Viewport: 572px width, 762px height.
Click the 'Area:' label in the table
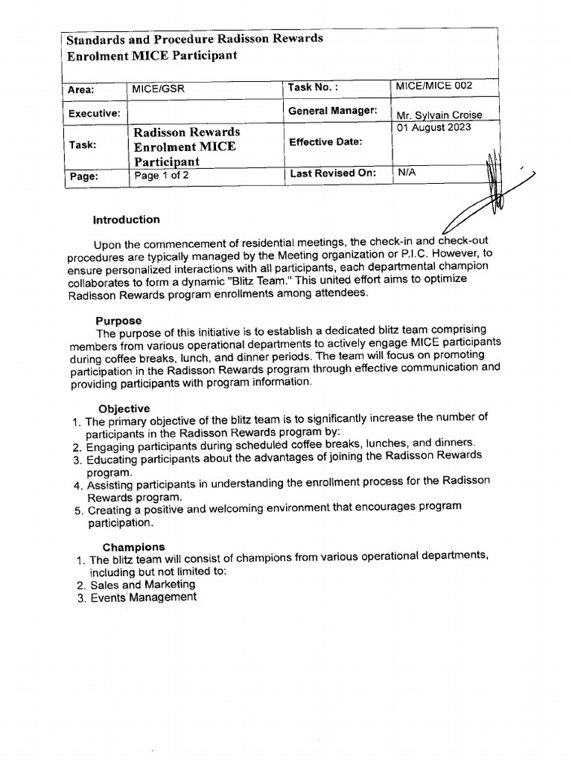coord(80,90)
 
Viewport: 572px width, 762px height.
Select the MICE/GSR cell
coord(157,89)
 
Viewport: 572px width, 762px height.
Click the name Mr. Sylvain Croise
coord(439,115)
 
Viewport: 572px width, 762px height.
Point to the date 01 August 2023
coord(435,127)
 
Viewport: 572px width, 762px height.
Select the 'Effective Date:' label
coord(325,141)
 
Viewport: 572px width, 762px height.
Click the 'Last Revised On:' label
coord(332,173)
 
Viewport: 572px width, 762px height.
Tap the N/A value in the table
coord(407,172)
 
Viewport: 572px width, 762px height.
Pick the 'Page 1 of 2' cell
coord(157,176)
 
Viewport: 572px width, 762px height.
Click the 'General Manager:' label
coord(332,111)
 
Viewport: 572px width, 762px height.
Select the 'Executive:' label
coord(94,114)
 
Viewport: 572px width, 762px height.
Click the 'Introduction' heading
coord(126,220)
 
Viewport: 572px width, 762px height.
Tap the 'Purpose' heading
coord(118,321)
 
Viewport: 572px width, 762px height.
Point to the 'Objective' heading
coord(124,409)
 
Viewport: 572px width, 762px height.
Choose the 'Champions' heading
coord(134,547)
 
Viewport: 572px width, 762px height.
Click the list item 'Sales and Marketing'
coord(142,585)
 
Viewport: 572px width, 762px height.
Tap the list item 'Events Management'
coord(143,598)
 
